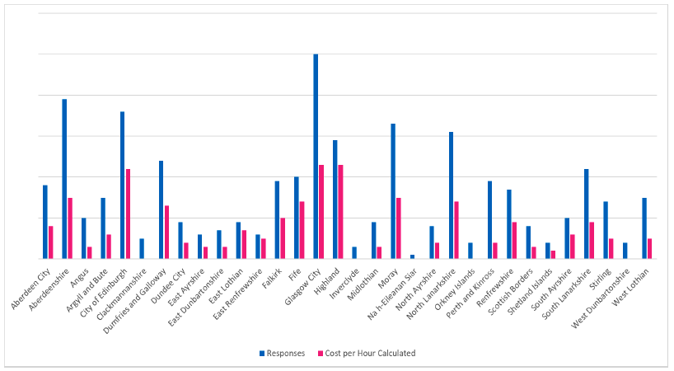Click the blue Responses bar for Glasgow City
[316, 157]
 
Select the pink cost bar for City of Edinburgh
[129, 214]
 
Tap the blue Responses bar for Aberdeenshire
[64, 179]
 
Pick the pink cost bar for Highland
[340, 212]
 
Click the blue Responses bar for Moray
[393, 191]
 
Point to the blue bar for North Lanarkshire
[451, 195]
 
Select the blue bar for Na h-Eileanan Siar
[412, 256]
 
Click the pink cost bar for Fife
[302, 230]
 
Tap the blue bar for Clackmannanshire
[142, 249]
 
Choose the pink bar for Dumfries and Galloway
[166, 232]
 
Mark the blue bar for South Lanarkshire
[587, 214]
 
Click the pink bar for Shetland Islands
[553, 255]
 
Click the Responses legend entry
[281, 354]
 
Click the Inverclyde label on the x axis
[345, 279]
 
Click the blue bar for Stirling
[606, 230]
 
